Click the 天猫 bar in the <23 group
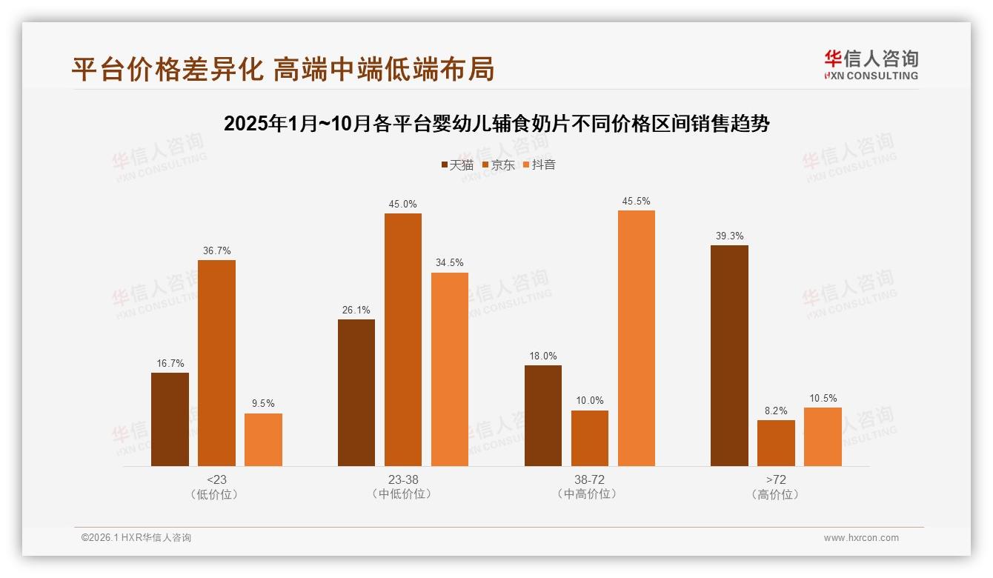(x=170, y=419)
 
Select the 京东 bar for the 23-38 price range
(x=402, y=339)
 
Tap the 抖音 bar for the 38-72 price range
(x=636, y=338)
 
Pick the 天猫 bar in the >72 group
(x=729, y=356)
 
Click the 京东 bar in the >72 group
(x=776, y=443)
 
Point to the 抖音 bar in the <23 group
(x=263, y=439)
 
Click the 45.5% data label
(x=637, y=201)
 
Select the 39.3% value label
(x=729, y=236)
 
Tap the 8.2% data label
(x=776, y=411)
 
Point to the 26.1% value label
(x=356, y=310)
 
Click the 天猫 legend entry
(x=457, y=165)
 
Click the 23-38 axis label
(x=402, y=479)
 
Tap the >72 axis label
(x=776, y=479)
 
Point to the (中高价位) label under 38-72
(x=589, y=494)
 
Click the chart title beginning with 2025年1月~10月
(x=496, y=123)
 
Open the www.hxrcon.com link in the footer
(x=861, y=538)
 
